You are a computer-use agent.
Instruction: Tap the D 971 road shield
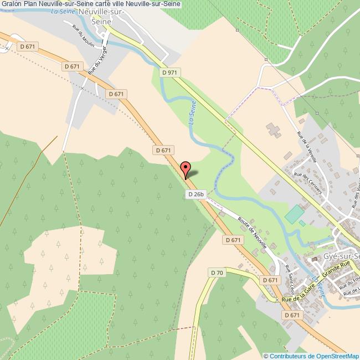[170, 73]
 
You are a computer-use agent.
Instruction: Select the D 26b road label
[196, 194]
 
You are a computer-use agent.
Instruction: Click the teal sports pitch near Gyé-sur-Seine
[295, 213]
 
